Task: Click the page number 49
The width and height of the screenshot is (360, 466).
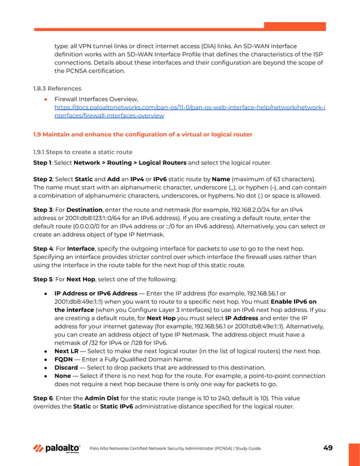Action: (327, 448)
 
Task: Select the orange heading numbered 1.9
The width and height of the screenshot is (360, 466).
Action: (143, 134)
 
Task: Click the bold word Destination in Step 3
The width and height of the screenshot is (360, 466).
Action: (85, 209)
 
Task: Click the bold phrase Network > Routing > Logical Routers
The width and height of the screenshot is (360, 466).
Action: (130, 162)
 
